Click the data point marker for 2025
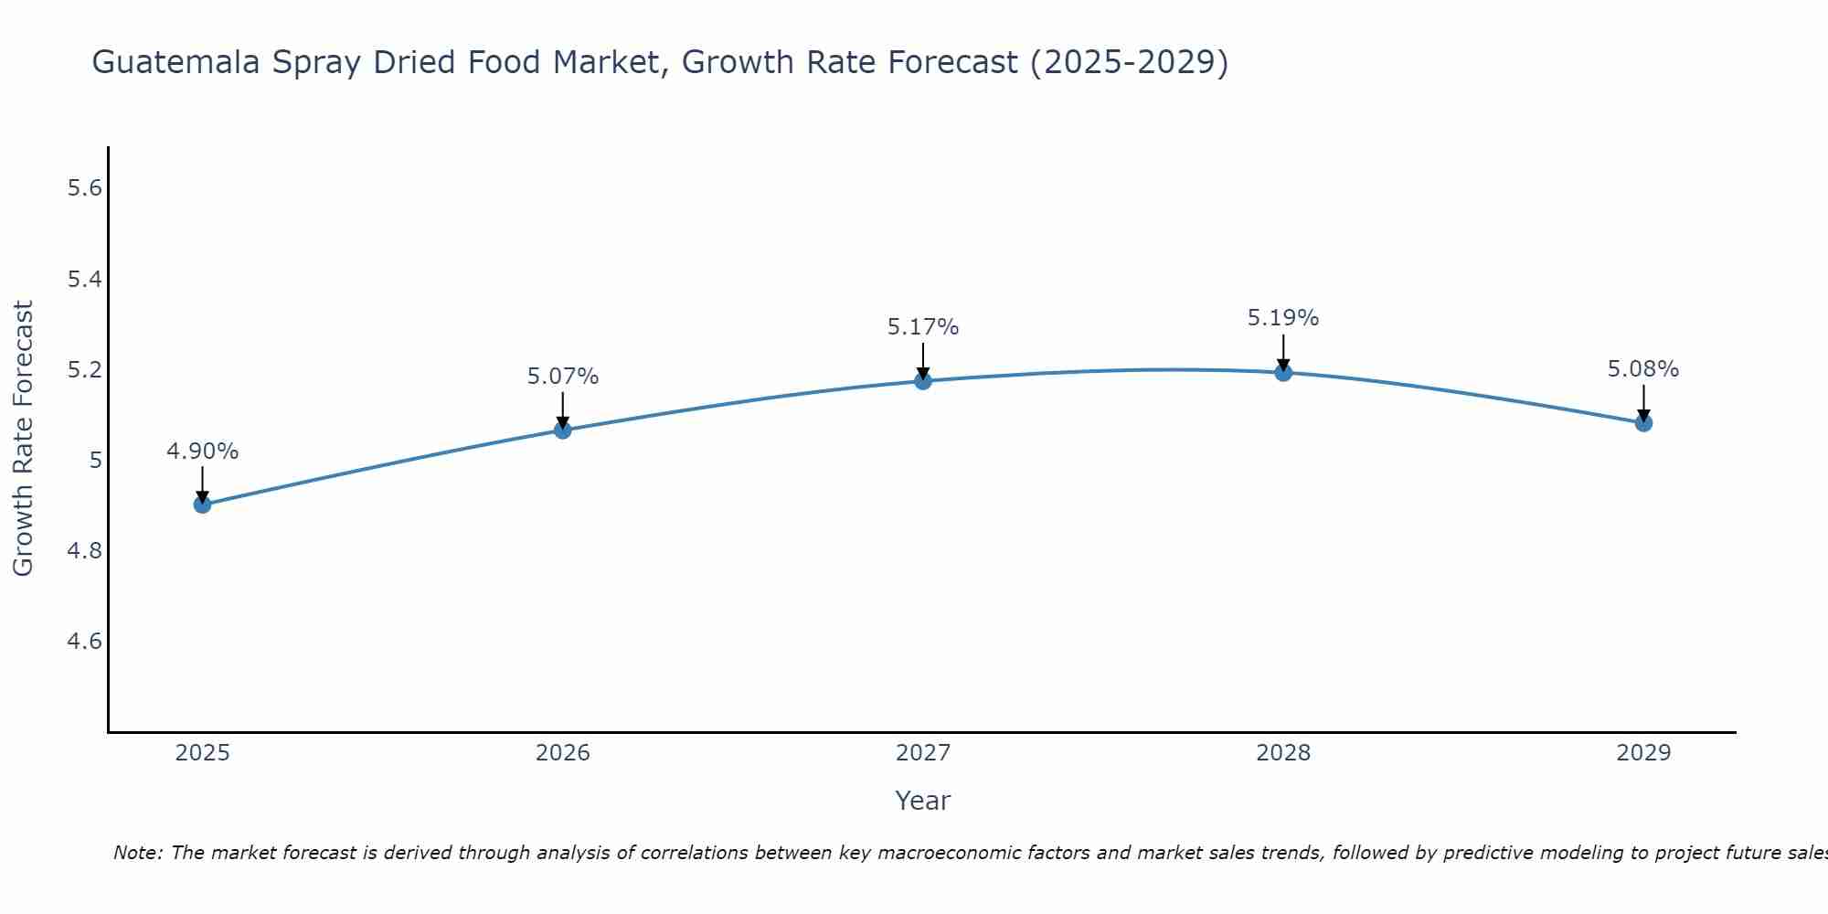203,505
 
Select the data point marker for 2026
563,430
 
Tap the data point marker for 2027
923,381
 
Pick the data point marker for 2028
1283,372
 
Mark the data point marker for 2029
1643,422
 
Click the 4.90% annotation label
203,452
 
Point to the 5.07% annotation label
563,377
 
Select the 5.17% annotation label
923,327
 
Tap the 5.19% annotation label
1283,318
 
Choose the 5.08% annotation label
1643,369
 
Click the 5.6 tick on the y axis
84,189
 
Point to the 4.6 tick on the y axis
84,642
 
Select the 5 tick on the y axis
95,461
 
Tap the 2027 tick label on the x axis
923,753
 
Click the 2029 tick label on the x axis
1643,753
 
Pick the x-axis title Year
923,801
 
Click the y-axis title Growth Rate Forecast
23,439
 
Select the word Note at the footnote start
137,853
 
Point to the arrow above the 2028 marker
1283,352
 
